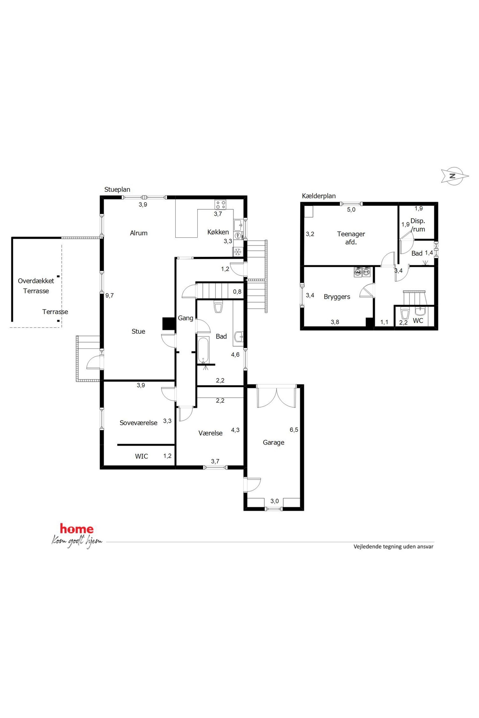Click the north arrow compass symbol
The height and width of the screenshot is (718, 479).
click(x=455, y=176)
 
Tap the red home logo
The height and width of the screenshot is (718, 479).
click(x=77, y=528)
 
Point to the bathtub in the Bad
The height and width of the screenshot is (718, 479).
click(x=203, y=350)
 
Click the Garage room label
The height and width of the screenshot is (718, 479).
click(x=273, y=442)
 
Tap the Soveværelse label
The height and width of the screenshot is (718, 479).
click(x=138, y=423)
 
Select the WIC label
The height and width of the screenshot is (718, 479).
click(x=141, y=456)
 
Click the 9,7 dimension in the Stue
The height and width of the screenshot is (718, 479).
click(x=109, y=296)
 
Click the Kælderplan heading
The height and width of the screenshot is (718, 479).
click(x=319, y=196)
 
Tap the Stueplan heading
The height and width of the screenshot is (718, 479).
click(x=117, y=189)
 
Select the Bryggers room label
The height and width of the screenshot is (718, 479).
click(x=337, y=297)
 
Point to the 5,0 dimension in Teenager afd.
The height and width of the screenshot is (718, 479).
click(x=351, y=210)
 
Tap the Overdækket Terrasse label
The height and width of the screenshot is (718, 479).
click(x=36, y=286)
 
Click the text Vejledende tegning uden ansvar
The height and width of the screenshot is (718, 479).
click(x=394, y=546)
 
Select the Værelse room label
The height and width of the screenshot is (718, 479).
click(x=211, y=433)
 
